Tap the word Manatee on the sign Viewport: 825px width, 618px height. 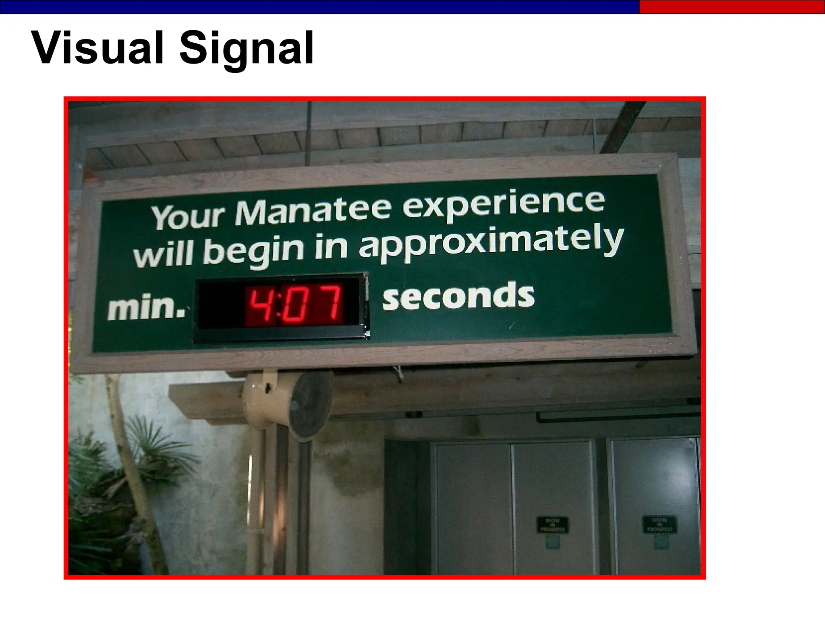coord(313,212)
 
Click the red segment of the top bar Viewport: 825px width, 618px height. coord(732,7)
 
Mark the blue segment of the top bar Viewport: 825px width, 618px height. coord(318,7)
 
